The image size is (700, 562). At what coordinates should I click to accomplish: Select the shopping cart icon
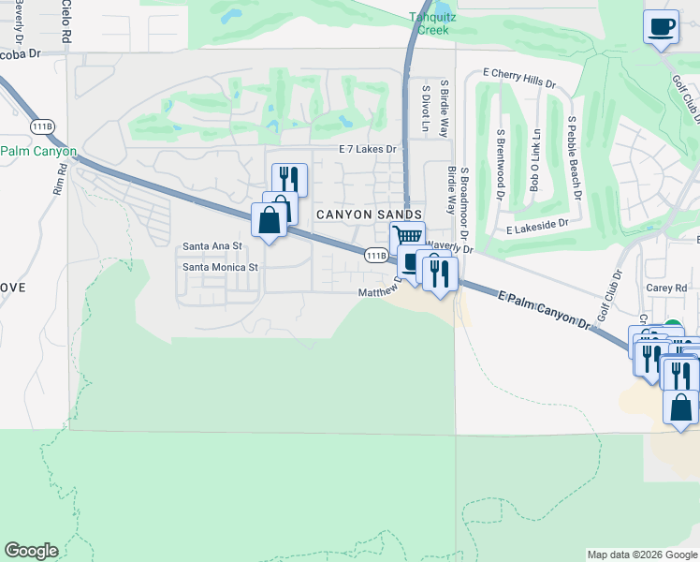[x=407, y=238]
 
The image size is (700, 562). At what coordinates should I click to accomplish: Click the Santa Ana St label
[x=212, y=246]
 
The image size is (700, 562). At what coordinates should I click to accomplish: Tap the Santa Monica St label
[x=220, y=267]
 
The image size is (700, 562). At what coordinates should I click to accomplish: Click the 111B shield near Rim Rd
[x=41, y=126]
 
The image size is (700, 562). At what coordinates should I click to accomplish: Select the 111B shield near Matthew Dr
[x=375, y=255]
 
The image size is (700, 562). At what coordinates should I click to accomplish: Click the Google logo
[x=31, y=551]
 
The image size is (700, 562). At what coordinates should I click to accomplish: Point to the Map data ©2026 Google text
[x=641, y=555]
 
